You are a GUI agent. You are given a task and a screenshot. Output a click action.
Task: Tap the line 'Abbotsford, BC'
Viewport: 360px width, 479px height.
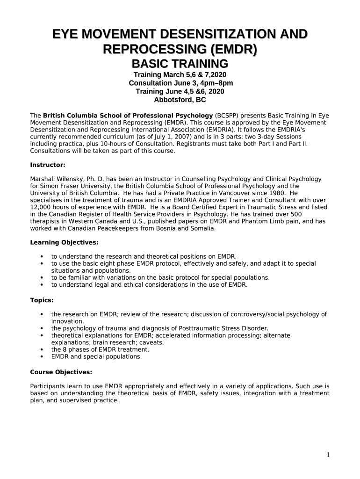[180, 100]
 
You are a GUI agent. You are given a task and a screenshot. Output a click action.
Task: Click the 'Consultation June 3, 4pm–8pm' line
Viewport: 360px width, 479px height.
[180, 83]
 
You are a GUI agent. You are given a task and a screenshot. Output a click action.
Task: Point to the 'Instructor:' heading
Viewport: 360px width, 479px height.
[48, 165]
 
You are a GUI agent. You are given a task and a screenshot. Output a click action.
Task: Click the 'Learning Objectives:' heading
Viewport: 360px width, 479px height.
[64, 242]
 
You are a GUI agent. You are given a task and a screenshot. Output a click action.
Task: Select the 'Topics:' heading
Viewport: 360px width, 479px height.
[42, 300]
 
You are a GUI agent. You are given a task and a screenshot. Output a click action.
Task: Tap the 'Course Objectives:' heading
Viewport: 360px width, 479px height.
[61, 372]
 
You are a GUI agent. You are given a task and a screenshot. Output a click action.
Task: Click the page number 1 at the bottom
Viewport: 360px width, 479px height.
[328, 455]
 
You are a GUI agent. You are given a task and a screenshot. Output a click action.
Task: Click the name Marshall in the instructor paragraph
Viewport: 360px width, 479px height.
[43, 179]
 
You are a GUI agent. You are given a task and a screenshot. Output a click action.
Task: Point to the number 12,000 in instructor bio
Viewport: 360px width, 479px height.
[40, 207]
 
